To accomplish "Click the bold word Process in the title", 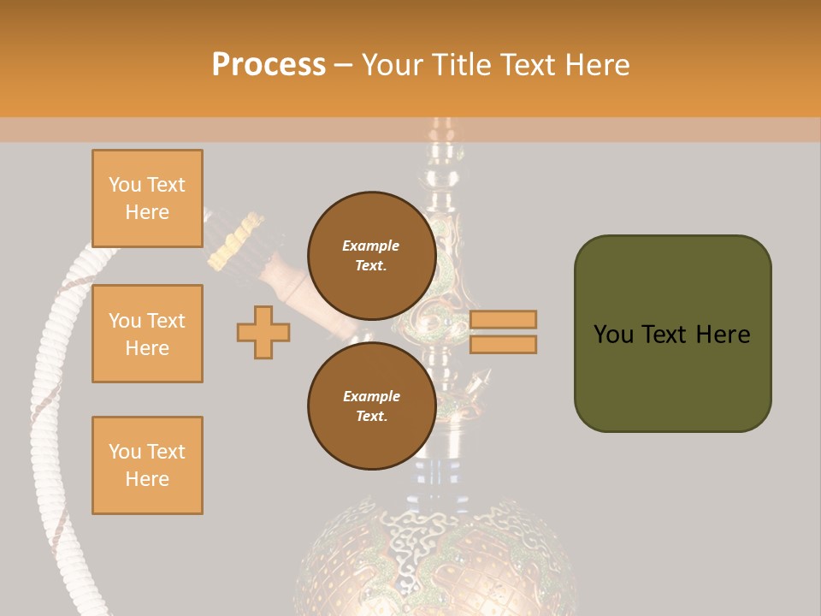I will click(269, 65).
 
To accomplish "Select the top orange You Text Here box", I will click(147, 198).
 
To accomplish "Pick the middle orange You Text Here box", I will click(147, 334).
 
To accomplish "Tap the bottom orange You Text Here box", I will click(147, 465).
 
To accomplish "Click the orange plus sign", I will click(263, 332).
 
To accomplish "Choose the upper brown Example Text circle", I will click(371, 256).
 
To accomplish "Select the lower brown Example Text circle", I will click(371, 406).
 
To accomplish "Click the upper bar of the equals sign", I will click(503, 319).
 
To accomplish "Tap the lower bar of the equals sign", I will click(503, 344).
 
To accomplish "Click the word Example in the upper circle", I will click(371, 246).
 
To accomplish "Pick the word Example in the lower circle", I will click(371, 396).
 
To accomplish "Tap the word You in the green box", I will click(613, 334).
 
